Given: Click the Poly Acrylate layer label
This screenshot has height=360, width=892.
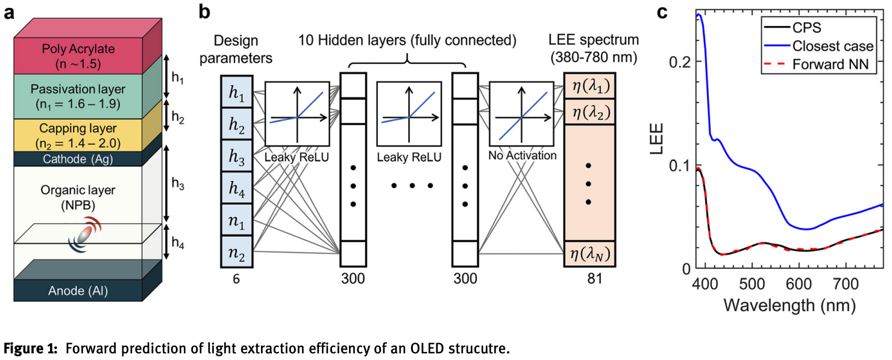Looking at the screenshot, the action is (x=78, y=56).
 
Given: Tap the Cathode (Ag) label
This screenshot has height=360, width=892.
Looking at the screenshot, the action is (x=78, y=159).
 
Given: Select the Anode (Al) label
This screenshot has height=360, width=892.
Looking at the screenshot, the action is (x=78, y=291).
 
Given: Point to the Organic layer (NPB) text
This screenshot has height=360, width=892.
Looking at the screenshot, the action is (x=78, y=198).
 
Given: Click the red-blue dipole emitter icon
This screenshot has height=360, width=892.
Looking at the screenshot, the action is (x=85, y=235).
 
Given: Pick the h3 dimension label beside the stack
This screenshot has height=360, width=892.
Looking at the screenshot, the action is (x=178, y=184).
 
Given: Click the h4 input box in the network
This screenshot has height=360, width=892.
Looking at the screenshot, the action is (x=236, y=188).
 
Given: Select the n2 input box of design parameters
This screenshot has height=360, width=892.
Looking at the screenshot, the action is (x=236, y=251).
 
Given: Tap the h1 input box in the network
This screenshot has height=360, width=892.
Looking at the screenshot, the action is (x=236, y=92).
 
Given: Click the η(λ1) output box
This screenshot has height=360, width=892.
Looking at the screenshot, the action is (x=590, y=86).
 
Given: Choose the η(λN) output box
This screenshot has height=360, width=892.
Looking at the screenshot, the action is (x=590, y=254).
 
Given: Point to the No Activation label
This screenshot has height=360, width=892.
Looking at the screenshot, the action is (x=523, y=156).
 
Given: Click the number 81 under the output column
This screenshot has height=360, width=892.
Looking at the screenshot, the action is (x=594, y=279).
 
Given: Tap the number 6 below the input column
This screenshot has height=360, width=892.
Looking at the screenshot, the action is (x=236, y=279).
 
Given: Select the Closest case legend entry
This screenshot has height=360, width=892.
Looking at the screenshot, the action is (x=818, y=46).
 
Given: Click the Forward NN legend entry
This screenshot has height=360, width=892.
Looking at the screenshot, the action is (x=817, y=64).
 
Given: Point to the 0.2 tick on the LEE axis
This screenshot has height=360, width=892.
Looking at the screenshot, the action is (x=679, y=62).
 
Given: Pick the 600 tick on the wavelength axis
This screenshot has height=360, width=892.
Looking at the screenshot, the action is (x=799, y=284).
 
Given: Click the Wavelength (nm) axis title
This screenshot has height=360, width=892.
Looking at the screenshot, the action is (x=790, y=306).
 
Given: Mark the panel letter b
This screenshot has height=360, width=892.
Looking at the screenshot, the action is (x=204, y=12).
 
